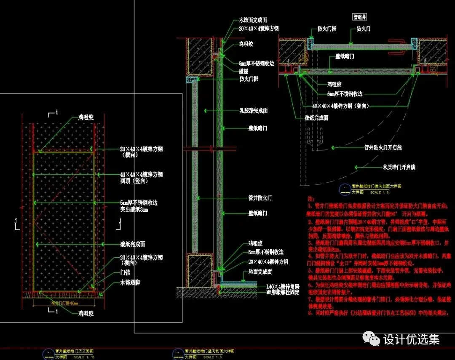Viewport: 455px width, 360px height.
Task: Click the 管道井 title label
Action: [x=359, y=17]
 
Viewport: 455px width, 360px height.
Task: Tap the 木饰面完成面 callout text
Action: [x=253, y=20]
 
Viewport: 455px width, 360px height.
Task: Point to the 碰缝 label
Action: [x=244, y=71]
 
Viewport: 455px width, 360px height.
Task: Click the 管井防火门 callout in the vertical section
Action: [x=260, y=197]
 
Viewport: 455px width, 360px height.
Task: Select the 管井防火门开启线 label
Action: [x=383, y=147]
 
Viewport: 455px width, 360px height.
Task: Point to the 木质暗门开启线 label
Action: [x=398, y=167]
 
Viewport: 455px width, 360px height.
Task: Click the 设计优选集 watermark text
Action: [x=411, y=339]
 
